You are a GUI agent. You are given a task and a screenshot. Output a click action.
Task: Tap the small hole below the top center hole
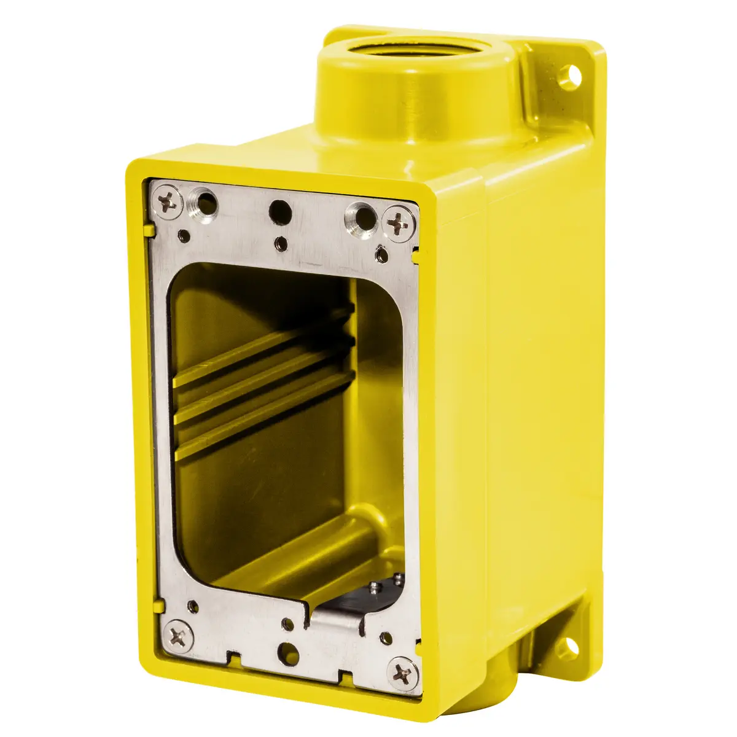tap(281, 243)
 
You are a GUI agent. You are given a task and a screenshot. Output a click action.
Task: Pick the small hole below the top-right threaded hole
tap(381, 252)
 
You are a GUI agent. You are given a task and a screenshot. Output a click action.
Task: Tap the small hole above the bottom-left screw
tap(193, 605)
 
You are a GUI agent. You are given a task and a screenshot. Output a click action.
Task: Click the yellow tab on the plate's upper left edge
tap(148, 230)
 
